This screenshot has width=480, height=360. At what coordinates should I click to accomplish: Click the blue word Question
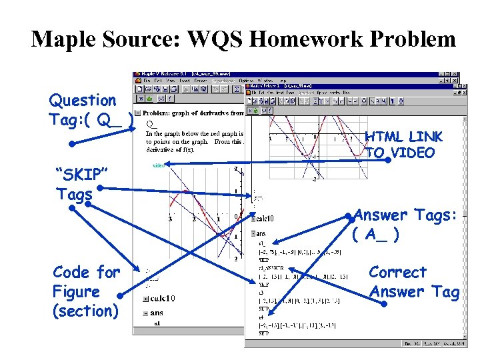coord(83,101)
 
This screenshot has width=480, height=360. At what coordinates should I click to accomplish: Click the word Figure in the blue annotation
coord(76,292)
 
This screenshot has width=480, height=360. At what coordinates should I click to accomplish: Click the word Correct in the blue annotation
coord(397,273)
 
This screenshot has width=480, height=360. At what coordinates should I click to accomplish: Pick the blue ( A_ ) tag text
coord(376,235)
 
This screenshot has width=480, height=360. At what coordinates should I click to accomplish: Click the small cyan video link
coord(159,165)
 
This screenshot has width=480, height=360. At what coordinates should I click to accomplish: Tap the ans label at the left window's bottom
coord(157,312)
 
